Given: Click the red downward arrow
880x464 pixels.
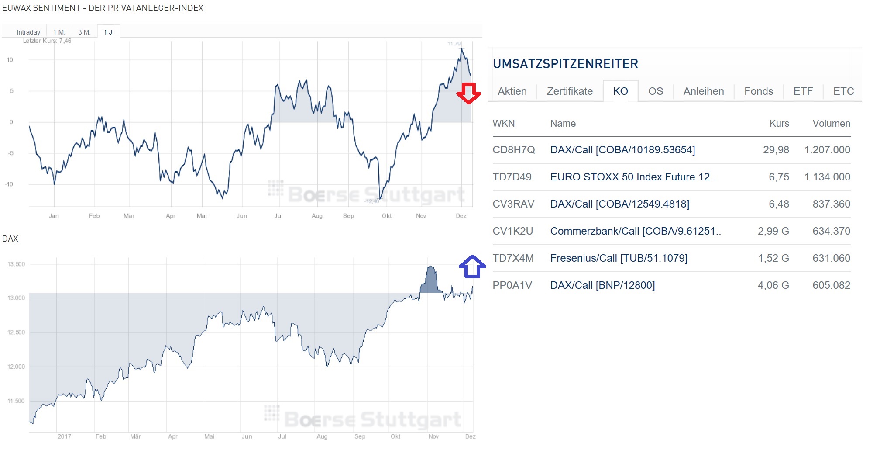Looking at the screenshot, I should click(x=468, y=93).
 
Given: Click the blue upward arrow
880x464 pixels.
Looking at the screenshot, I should click(x=472, y=267).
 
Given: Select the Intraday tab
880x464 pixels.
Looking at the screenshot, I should click(x=28, y=32).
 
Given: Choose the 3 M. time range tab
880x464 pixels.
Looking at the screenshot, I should click(x=84, y=32).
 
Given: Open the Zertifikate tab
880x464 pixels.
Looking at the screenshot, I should click(x=570, y=91).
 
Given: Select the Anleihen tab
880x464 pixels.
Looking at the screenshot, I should click(x=703, y=91).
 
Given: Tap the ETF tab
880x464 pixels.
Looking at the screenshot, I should click(x=803, y=91).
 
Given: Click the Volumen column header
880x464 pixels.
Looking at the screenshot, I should click(x=831, y=124).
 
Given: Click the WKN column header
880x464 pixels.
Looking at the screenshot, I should click(x=503, y=124).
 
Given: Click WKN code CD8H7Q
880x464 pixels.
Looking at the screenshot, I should click(x=513, y=150).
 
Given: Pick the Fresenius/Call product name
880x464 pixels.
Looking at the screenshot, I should click(x=619, y=258).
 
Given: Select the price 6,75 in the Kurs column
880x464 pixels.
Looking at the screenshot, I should click(x=779, y=177).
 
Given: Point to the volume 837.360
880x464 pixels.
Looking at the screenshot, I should click(x=831, y=204).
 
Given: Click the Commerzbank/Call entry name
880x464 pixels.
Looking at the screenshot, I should click(x=635, y=231).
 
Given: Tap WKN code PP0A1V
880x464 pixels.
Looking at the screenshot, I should click(x=512, y=285).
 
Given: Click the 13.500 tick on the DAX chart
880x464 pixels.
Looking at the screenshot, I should click(x=16, y=264).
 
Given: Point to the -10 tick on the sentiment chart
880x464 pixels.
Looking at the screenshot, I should click(x=9, y=184).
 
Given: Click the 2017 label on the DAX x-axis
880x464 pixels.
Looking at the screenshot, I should click(x=64, y=436).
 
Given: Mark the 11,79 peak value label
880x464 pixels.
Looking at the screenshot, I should click(x=454, y=44).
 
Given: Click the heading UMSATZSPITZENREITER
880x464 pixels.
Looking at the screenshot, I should click(x=565, y=64).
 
